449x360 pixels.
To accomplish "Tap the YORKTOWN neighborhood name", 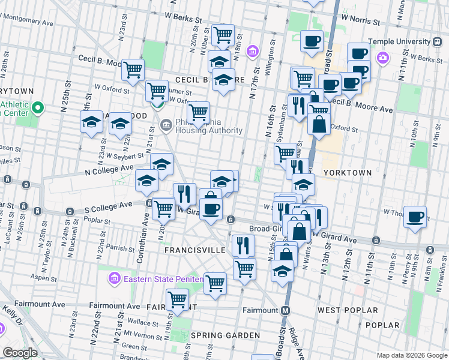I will coord(348,172).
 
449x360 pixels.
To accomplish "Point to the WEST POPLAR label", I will coord(348,310).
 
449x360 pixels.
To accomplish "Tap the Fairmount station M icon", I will coord(286,310).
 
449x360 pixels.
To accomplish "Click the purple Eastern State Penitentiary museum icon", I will coord(114,278).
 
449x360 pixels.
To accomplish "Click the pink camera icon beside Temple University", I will coord(382,58).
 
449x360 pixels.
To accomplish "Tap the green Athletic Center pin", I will coord(38,109).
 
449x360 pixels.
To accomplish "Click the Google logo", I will coord(20,353).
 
